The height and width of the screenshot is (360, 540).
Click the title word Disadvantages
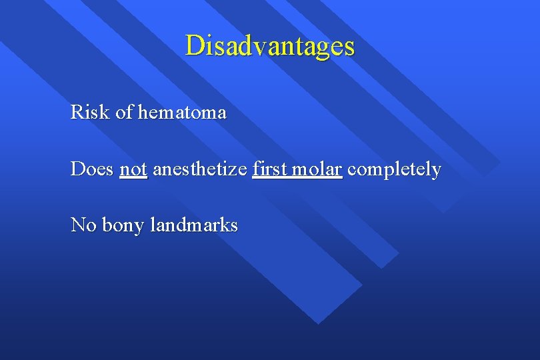point(270,46)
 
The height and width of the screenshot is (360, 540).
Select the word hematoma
point(182,112)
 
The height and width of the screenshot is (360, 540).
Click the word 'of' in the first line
point(124,112)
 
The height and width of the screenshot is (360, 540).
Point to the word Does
point(92,169)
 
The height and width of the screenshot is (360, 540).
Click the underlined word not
point(133,169)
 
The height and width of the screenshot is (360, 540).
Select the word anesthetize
point(199,169)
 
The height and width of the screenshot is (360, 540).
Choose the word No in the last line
point(83,225)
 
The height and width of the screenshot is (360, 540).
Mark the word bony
point(123,225)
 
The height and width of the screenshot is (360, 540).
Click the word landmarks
point(194,225)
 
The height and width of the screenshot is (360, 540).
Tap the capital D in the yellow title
point(195,46)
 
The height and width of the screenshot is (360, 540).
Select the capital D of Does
point(78,169)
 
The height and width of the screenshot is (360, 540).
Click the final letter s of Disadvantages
point(350,47)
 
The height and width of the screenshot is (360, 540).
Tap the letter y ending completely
point(437,172)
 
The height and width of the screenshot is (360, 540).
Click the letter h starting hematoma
point(143,112)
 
